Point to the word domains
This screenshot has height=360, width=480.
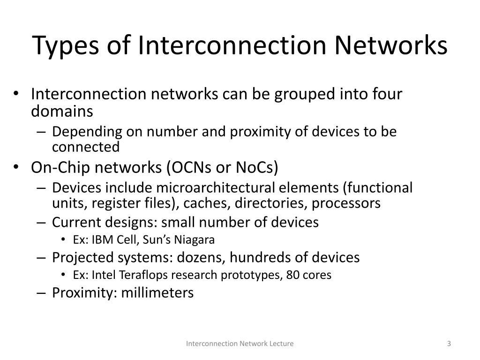(62, 112)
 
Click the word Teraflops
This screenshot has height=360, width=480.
(133, 275)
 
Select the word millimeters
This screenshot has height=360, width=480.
(157, 292)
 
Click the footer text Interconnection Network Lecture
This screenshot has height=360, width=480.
(240, 344)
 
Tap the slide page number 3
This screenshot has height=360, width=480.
(449, 344)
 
